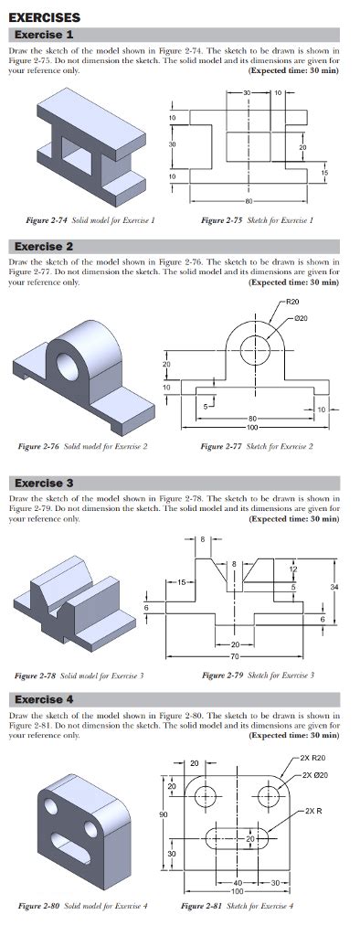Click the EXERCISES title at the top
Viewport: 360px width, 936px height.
[44, 17]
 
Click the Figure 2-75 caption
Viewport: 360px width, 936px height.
[257, 219]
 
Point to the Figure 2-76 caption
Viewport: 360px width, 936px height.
[83, 446]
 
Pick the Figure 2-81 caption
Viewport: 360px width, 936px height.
[238, 905]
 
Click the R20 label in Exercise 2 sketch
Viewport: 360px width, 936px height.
[292, 301]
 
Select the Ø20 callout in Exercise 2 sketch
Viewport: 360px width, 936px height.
[304, 317]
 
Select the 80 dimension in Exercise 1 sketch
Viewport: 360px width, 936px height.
[248, 199]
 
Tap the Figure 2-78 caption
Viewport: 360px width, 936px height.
[83, 675]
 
